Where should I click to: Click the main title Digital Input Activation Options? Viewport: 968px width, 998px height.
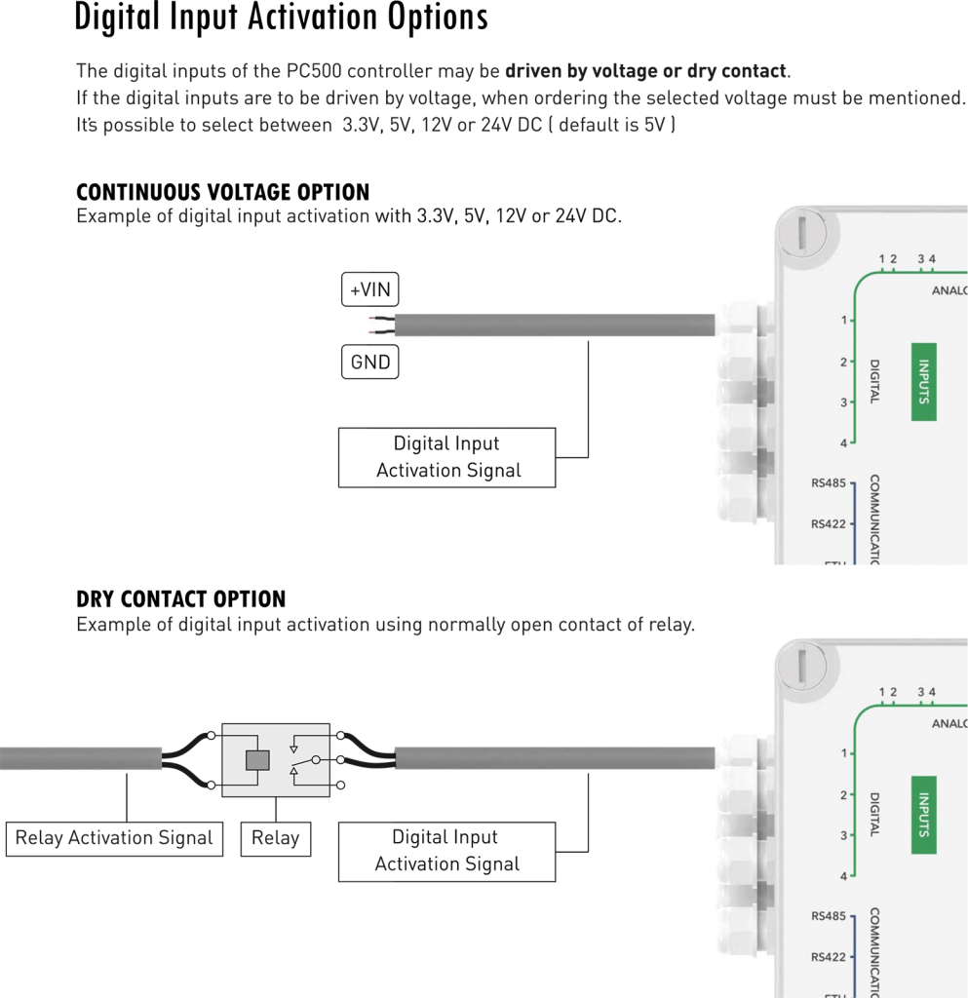(281, 19)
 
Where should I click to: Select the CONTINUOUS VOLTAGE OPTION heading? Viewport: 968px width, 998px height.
(223, 192)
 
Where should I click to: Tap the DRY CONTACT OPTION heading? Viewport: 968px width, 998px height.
(181, 599)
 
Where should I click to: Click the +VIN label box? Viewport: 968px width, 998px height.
(370, 289)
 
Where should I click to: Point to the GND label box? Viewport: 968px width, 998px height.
(370, 363)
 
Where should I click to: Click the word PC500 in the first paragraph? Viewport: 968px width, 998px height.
(315, 71)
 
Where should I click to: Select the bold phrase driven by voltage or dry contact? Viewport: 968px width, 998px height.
(645, 71)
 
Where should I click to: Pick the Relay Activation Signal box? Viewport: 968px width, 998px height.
(114, 838)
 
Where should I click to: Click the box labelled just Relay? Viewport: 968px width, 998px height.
(275, 838)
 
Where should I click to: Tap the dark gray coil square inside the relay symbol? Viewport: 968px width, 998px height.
(257, 760)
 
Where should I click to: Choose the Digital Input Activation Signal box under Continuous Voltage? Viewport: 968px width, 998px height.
(446, 457)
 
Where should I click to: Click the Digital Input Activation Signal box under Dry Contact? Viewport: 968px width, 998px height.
(446, 851)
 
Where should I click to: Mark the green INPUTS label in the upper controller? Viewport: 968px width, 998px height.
(923, 382)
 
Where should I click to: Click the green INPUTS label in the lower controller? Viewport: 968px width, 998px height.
(923, 815)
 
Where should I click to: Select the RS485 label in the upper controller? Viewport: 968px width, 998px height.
(829, 482)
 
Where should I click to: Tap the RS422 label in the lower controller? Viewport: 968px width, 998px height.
(829, 957)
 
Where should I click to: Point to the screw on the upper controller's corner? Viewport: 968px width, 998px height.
(801, 233)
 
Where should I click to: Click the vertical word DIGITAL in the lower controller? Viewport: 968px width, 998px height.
(874, 814)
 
